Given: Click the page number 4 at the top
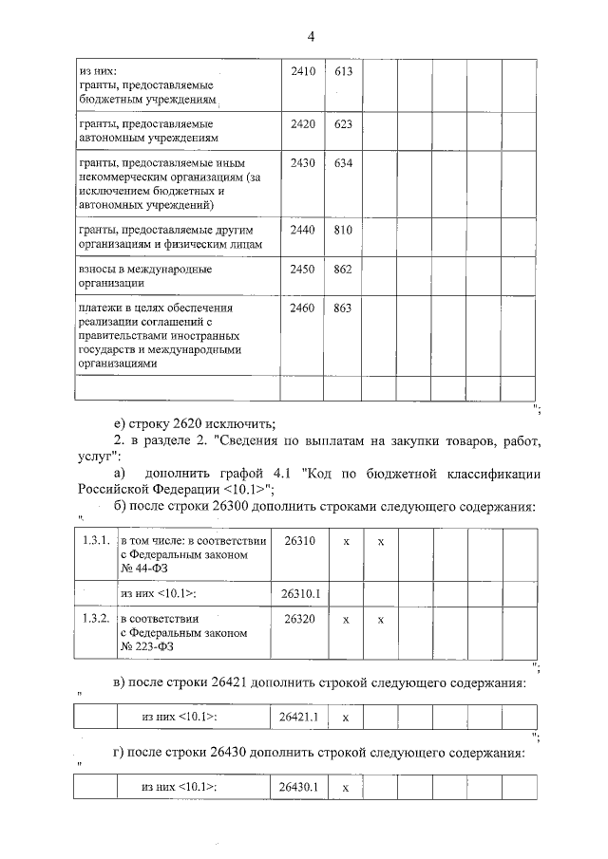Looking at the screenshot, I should point(311,36).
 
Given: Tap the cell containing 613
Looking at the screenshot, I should point(343,71).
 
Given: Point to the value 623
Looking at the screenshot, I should point(343,123).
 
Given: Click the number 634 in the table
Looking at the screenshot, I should point(343,163).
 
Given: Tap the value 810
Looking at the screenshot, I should point(343,230).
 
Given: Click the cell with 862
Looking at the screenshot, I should point(343,270).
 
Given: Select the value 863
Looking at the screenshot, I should point(343,308).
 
